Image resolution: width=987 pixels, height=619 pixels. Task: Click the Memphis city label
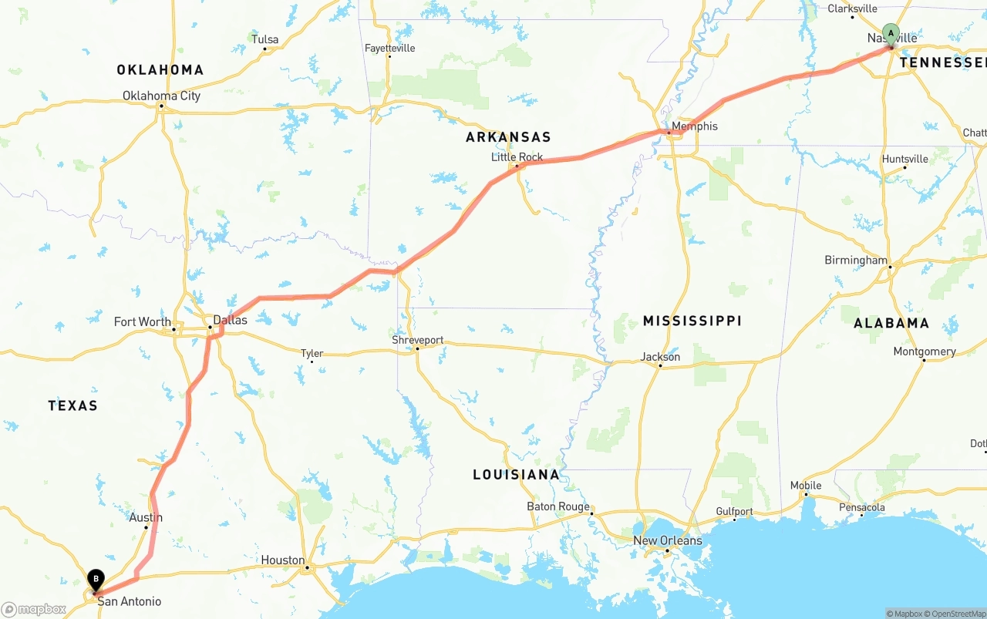[x=694, y=126]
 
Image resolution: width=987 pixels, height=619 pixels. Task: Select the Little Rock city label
[x=517, y=157]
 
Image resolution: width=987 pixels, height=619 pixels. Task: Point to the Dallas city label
[x=230, y=320]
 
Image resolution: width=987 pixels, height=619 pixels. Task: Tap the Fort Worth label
[x=143, y=322]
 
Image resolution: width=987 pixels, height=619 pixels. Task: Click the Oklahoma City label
[x=161, y=96]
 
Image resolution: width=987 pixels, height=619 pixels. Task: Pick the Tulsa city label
[x=264, y=39]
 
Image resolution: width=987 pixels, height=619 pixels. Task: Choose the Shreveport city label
[x=417, y=340]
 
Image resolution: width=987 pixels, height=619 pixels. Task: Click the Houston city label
[x=282, y=560]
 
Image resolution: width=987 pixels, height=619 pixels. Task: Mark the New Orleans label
[x=668, y=540]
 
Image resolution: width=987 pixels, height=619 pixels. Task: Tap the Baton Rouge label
[x=558, y=506]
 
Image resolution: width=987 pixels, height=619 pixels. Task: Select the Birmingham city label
[x=856, y=261]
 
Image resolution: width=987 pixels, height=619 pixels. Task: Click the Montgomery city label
[x=925, y=352]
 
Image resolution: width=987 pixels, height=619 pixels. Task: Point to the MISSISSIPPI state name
[x=692, y=321]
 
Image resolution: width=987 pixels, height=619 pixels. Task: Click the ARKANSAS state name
[x=508, y=137]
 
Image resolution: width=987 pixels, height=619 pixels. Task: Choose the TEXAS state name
[x=72, y=405]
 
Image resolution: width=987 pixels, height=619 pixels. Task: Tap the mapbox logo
[x=34, y=609]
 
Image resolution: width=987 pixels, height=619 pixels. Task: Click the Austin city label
[x=146, y=518]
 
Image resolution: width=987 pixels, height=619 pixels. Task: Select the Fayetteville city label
[x=389, y=48]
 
